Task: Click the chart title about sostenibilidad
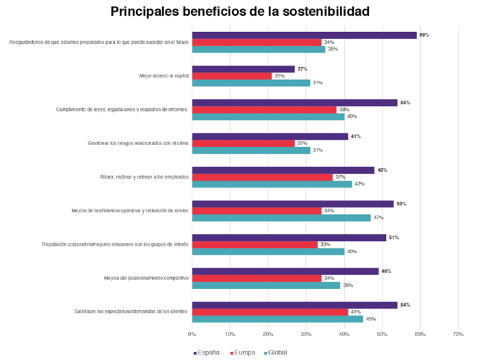(239, 12)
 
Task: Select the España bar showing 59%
(305, 35)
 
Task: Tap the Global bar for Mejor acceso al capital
(251, 83)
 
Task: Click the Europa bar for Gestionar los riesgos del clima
(244, 143)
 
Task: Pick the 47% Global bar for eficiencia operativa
(281, 218)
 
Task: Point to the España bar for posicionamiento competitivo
(285, 272)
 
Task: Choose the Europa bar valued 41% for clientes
(270, 312)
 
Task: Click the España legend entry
(207, 352)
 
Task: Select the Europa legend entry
(243, 352)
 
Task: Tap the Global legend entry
(275, 352)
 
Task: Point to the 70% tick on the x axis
(458, 334)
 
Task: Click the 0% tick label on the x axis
(192, 334)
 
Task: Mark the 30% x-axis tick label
(306, 334)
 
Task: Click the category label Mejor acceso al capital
(164, 76)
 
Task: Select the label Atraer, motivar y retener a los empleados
(144, 177)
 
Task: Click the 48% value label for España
(382, 170)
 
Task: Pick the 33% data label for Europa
(325, 244)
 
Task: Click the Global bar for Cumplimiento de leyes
(268, 116)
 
